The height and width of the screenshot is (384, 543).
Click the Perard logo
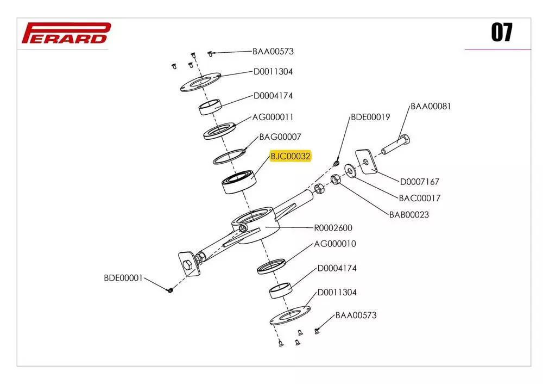(x=66, y=33)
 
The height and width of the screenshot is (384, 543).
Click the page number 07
(x=502, y=33)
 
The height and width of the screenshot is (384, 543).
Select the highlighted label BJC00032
(x=291, y=157)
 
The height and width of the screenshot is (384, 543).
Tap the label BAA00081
(x=431, y=106)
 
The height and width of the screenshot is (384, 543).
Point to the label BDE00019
(x=370, y=117)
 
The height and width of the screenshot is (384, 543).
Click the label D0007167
(x=420, y=182)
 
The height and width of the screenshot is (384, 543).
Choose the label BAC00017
(x=420, y=198)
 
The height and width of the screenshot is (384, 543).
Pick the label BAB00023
(x=409, y=215)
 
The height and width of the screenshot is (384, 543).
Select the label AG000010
(x=336, y=244)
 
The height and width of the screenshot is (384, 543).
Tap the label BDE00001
(x=123, y=278)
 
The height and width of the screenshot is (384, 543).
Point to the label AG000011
(x=273, y=117)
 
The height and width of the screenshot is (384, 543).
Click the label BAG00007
(x=280, y=137)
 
